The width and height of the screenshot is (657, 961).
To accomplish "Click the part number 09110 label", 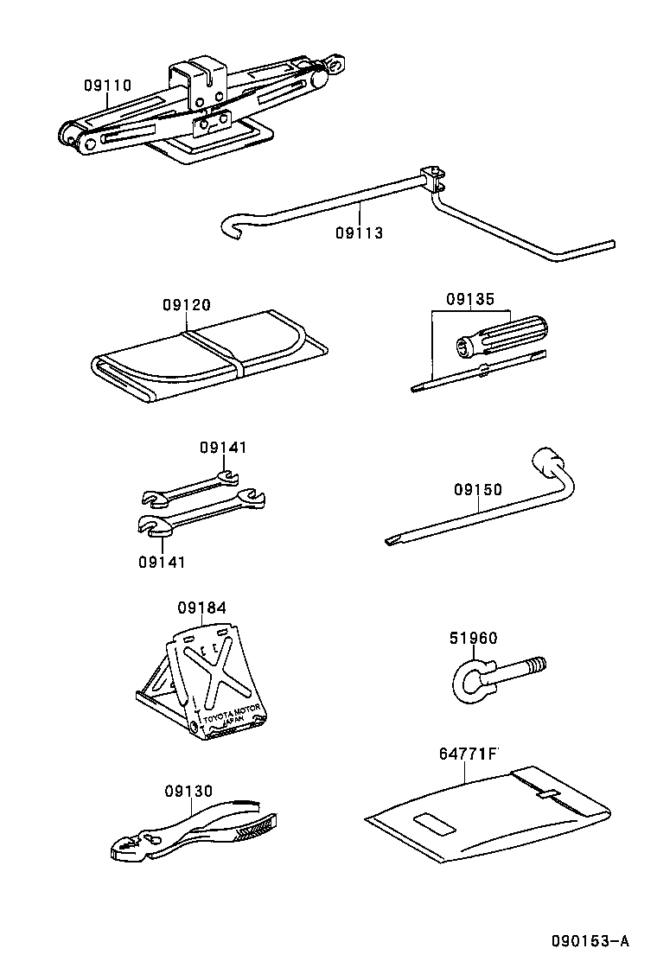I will click(x=107, y=86).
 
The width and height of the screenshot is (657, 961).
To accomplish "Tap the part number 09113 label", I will click(x=359, y=232).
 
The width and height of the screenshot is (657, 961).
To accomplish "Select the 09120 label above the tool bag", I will click(x=186, y=305).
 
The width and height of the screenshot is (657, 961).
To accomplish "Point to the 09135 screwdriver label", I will click(x=470, y=300).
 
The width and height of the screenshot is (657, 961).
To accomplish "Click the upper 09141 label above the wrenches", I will click(x=223, y=448).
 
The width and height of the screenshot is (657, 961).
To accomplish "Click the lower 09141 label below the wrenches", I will click(x=162, y=562).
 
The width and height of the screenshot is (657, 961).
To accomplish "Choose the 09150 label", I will click(x=478, y=490).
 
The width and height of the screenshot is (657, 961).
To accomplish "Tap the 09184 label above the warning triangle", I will click(x=202, y=608).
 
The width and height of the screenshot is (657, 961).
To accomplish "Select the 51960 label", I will click(x=473, y=639).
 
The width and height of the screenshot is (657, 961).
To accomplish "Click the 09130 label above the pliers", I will click(x=188, y=791).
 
